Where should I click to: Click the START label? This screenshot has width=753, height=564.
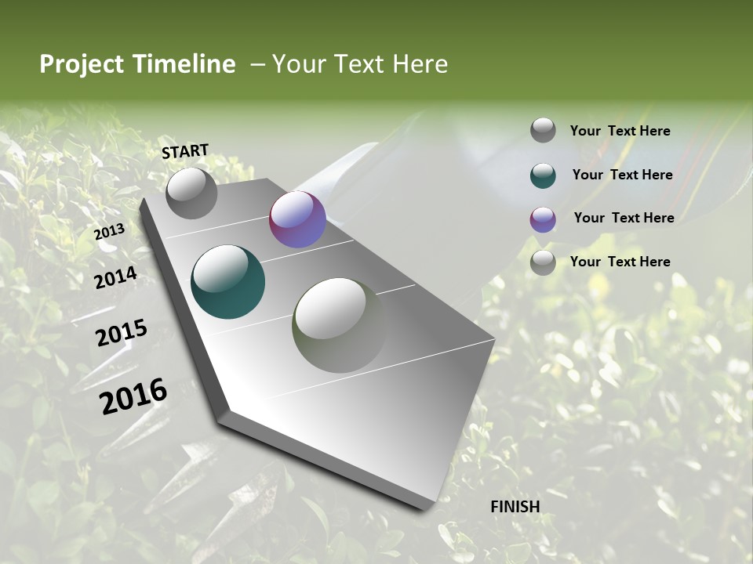185,150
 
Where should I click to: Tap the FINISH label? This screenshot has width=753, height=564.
515,507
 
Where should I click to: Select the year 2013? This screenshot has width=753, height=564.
109,232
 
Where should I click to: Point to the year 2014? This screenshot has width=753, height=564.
115,277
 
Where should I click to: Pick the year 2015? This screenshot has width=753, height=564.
122,333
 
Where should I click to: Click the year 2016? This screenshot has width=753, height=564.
133,396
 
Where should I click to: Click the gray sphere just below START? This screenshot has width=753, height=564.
191,193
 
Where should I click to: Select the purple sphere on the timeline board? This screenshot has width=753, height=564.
297,219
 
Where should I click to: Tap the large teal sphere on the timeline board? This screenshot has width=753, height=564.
228,282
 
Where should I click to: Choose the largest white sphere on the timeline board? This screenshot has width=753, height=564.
340,325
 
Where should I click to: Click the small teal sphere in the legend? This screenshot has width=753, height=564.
543,175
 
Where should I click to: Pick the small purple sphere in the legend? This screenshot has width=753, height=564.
543,219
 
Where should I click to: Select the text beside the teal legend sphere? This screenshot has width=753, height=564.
622,175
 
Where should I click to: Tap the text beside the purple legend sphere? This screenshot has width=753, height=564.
624,218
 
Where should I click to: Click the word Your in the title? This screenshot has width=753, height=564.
299,64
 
